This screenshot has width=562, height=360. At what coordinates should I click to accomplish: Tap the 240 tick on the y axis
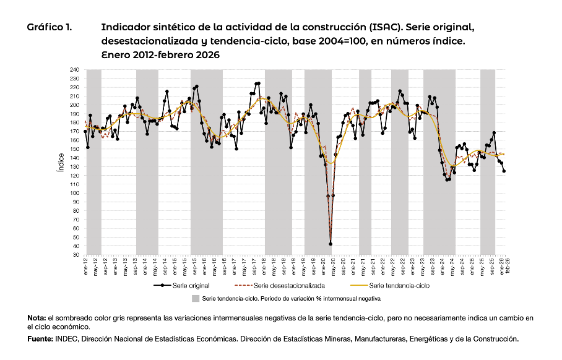coord(76,70)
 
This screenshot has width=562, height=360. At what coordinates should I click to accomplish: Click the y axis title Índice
coord(60,162)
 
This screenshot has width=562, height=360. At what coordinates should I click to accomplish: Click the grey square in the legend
coord(196,298)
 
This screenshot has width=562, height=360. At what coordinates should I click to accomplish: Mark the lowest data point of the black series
coord(331,244)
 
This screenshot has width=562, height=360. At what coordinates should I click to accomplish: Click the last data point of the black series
coord(504,171)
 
